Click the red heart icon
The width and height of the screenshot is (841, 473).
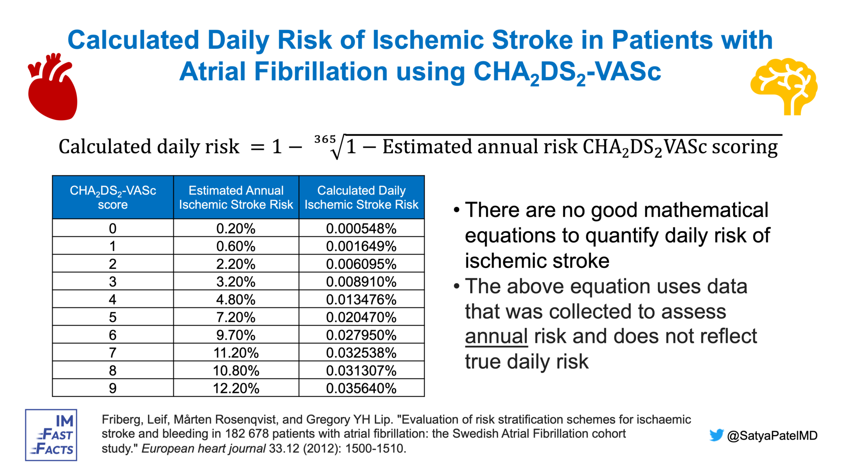coord(53,88)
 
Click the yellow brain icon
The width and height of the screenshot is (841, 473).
coord(784,86)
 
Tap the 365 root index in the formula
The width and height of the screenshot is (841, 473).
coord(325,140)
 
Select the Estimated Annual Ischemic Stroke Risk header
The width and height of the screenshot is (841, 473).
coord(236,197)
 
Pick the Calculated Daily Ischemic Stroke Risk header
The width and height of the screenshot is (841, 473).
coord(361,197)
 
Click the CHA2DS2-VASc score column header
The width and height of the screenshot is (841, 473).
coord(113,197)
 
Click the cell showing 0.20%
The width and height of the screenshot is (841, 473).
coord(236,228)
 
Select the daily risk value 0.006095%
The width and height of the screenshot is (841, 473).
coord(361,264)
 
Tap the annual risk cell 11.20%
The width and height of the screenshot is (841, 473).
coord(236,353)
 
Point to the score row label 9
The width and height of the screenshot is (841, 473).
coord(113,388)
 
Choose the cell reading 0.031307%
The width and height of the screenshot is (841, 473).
coord(361,371)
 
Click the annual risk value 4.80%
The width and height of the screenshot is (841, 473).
coord(236,300)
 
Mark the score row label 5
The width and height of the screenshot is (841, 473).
coord(113,317)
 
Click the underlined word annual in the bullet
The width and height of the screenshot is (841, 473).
coord(496,337)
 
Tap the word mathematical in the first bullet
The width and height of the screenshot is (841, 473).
coord(706,210)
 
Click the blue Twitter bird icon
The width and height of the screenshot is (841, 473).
coord(717,435)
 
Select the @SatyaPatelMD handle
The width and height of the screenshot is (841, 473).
coord(772,436)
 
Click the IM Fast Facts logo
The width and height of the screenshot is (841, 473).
coord(51,435)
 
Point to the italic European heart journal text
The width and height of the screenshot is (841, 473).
coord(204,448)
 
